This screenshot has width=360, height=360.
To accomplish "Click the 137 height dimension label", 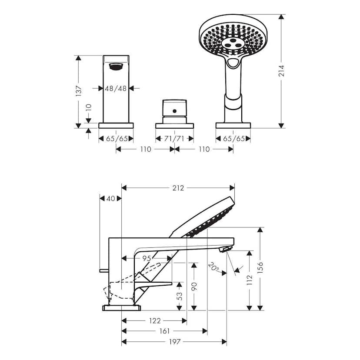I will point(79,92).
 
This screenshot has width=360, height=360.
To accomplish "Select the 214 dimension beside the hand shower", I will point(281,71).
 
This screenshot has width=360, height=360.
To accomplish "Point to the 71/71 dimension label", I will point(174,139).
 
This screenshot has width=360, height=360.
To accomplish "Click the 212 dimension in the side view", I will point(178,188).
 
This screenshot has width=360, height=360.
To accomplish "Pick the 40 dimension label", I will point(110,199).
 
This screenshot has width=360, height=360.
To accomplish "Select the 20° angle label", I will point(213,266).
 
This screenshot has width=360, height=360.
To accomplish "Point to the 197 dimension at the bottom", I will point(174,342).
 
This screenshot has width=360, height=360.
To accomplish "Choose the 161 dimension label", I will point(164,331).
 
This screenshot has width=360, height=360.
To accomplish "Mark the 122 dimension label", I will point(155,321).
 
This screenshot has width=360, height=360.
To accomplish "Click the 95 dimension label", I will point(147,258).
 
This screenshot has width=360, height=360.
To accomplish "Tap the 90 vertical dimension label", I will point(194,287).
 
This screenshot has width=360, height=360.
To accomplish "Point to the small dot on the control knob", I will point(174,111).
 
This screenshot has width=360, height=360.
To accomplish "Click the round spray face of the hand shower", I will point(228,41).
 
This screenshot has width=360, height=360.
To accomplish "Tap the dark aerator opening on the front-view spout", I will point(116,67).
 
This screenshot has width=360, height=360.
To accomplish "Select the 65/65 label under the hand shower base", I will point(233,139).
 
